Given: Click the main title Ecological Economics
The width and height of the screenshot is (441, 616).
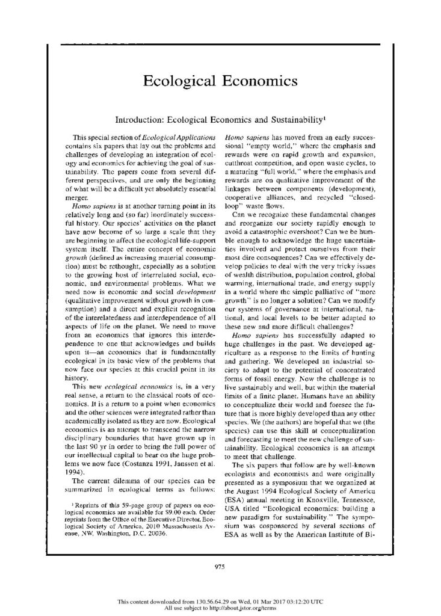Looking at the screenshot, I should click(x=220, y=81).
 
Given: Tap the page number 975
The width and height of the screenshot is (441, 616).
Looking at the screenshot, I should click(x=220, y=564).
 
